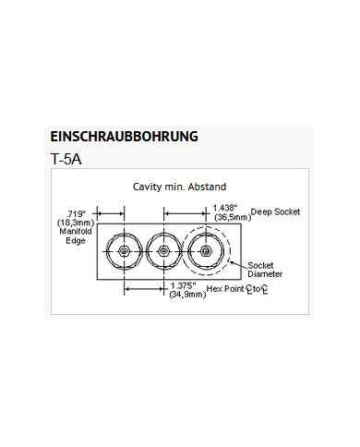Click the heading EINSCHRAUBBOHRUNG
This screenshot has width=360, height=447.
point(124,137)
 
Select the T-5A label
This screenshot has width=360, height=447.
point(67,158)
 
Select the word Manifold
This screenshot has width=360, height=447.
point(73,232)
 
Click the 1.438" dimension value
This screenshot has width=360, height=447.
point(227,208)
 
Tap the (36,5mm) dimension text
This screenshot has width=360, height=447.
point(230,217)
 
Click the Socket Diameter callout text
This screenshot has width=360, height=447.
point(266,270)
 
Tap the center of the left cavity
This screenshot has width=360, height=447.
point(124,251)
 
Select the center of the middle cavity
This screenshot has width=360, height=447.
point(163,251)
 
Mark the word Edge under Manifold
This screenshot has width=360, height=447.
point(76,241)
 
